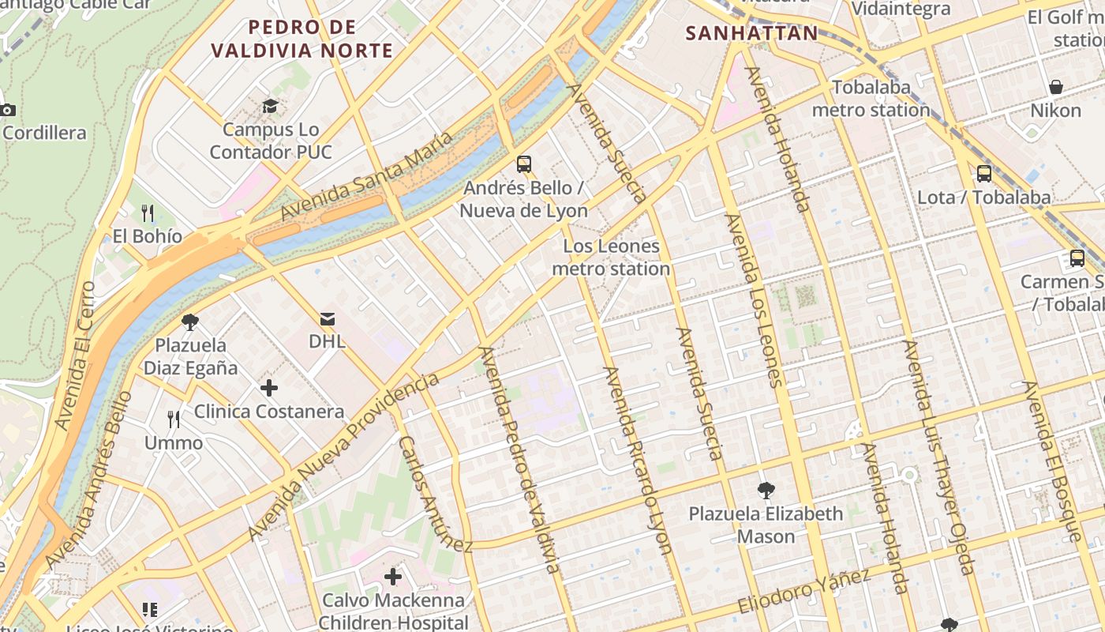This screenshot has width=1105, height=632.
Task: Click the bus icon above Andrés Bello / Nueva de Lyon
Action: (523, 164)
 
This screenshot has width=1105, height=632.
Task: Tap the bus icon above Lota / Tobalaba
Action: (983, 174)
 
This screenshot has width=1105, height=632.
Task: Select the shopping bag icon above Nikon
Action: (1055, 86)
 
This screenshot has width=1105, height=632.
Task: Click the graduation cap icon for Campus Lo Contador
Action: (271, 106)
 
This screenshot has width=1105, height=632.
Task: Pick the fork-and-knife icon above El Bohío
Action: (147, 213)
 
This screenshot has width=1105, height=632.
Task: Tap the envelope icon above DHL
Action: (327, 318)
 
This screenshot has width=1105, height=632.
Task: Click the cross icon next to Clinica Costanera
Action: (269, 388)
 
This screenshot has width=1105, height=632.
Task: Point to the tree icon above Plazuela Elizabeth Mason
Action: (766, 491)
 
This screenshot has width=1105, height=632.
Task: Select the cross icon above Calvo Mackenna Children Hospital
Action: (393, 577)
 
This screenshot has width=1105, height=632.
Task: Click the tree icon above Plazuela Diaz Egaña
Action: (189, 322)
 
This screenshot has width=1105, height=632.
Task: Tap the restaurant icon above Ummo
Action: (174, 419)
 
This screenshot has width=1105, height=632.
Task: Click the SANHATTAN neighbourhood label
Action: (751, 33)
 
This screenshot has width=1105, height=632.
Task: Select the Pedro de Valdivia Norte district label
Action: (302, 39)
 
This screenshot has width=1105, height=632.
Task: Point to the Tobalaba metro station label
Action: (871, 98)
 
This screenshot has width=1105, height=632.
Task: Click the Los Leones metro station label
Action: (611, 258)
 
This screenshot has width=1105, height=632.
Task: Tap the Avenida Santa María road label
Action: (367, 176)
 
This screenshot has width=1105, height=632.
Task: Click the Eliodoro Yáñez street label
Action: (804, 590)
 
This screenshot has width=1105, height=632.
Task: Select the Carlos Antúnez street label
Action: (435, 495)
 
